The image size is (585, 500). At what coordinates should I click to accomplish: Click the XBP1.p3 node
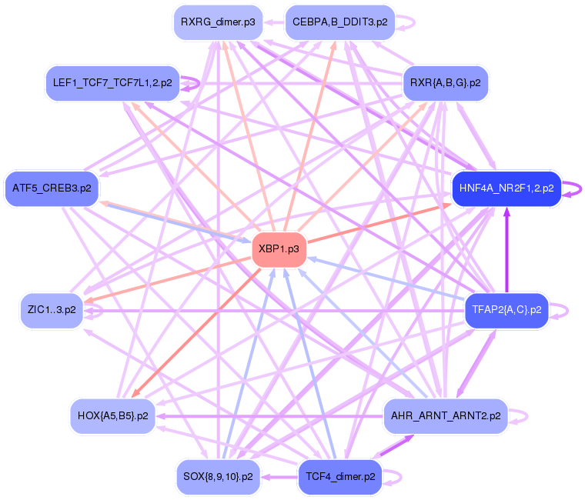(279, 248)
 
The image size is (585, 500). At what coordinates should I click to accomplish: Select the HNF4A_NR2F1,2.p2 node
(506, 188)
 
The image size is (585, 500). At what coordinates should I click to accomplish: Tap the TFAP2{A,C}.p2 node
(506, 310)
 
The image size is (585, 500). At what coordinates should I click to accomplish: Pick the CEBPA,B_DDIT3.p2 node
(339, 22)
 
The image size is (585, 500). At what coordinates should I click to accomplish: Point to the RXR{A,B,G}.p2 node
(446, 82)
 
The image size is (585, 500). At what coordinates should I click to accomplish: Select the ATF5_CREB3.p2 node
(52, 188)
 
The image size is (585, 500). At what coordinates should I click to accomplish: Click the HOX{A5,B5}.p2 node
(112, 416)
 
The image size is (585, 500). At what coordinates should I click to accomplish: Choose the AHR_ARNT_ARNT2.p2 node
(446, 416)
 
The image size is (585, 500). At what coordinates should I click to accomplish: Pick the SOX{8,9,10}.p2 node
(218, 476)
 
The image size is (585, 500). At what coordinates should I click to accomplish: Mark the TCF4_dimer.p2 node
(339, 476)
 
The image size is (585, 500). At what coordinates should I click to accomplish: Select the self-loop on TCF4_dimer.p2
(396, 477)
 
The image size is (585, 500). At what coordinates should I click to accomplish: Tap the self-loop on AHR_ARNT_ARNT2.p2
(523, 416)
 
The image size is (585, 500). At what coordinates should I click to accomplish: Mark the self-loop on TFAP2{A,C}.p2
(564, 310)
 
